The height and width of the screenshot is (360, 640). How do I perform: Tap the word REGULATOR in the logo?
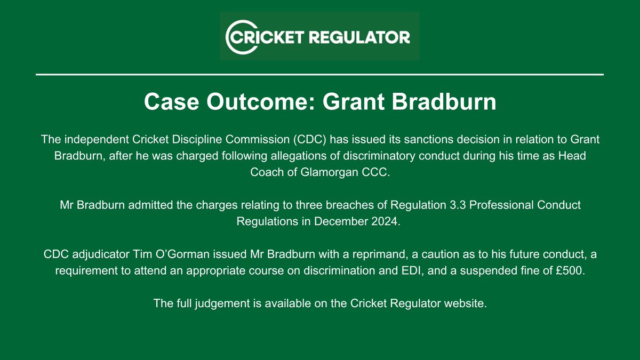[364, 37]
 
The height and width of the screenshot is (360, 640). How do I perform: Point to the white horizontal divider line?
[320, 74]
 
